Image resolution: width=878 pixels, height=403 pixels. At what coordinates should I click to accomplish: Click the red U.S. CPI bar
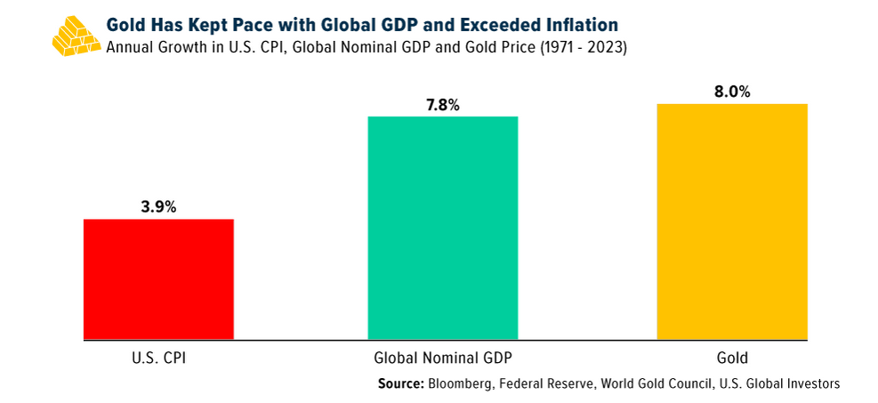point(158,278)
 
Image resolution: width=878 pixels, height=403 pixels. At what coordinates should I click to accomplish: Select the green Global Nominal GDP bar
point(442,228)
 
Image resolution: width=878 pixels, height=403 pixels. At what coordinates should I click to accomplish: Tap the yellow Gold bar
point(731,222)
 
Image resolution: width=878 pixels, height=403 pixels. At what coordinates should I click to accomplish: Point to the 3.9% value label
point(158,207)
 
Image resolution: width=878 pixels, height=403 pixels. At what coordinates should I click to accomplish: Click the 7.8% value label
point(442,105)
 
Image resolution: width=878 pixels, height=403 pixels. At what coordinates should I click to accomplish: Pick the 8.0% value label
point(731,92)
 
